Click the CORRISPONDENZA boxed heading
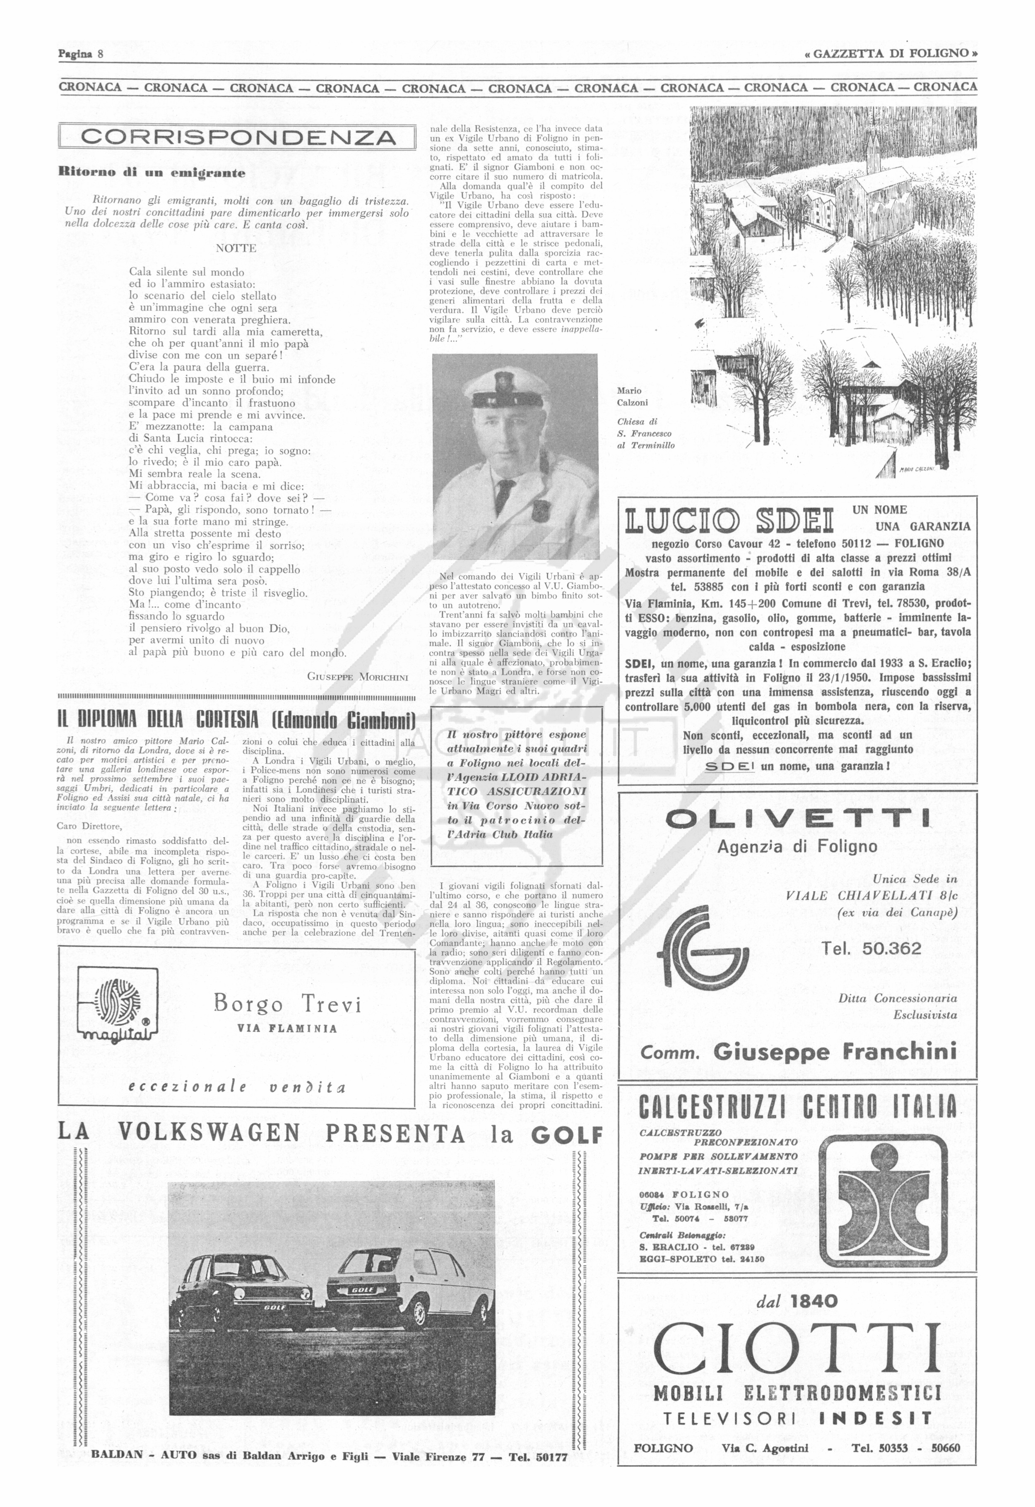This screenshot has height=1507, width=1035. (237, 137)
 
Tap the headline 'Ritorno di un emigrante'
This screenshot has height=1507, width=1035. (152, 173)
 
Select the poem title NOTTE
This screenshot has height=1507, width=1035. (236, 248)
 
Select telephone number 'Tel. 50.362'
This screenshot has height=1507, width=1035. (871, 949)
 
